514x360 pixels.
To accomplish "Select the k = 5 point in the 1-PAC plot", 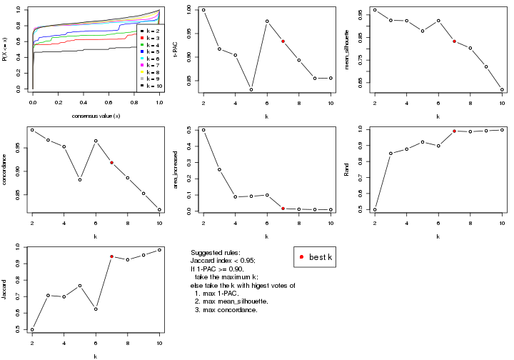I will coord(251,89).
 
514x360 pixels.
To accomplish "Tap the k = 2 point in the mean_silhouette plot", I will coord(375,10).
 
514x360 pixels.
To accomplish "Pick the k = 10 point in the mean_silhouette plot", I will coord(502,89).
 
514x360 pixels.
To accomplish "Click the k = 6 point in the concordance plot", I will coord(96,141).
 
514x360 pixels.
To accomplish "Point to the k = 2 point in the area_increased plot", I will coord(203,130).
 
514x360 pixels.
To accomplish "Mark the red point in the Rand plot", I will coord(454,131).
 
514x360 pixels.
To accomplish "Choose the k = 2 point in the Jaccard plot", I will coord(32,329).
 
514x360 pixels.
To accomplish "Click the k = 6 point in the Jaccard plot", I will coord(96,309).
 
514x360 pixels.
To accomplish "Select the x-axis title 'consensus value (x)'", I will coord(96,116).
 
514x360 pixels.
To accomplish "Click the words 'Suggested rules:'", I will coord(216,254).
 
